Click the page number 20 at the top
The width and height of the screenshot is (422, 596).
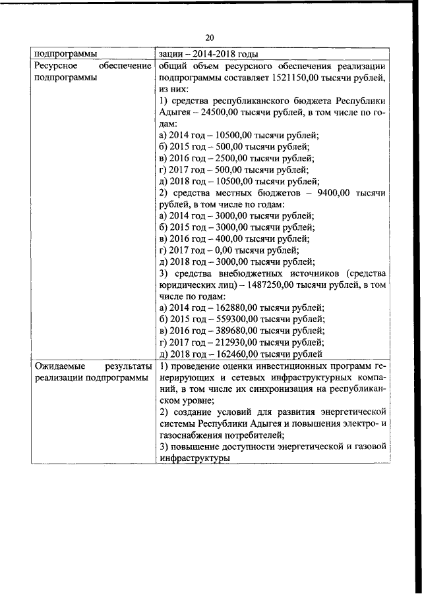(x=210, y=38)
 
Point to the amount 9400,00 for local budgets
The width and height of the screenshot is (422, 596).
(x=334, y=192)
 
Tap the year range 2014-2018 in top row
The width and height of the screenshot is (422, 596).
(x=213, y=54)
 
